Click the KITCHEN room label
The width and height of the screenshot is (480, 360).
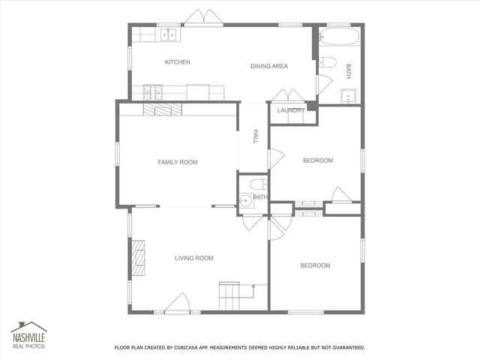coord(178,62)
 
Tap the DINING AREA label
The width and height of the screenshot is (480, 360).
coord(268,66)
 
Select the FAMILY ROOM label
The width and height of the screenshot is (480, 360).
coord(177,162)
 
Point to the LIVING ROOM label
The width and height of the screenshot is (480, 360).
coord(193,258)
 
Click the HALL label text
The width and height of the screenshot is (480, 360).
coord(255,136)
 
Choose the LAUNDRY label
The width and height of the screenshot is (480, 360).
coord(290,110)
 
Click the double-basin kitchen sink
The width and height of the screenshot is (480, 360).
coord(169,33)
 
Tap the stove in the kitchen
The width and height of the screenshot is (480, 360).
coord(154,91)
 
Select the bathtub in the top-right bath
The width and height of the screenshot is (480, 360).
coord(339,36)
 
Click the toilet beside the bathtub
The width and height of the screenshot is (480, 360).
coord(326,62)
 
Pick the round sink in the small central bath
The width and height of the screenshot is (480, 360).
coord(246,199)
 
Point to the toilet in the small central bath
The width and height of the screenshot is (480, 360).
coord(256,184)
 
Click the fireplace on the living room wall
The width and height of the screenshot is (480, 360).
coord(138,259)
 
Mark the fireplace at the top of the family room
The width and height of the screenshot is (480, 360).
coord(163,109)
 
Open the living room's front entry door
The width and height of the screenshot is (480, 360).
coord(178,304)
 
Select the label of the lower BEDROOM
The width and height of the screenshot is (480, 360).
coord(315,265)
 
